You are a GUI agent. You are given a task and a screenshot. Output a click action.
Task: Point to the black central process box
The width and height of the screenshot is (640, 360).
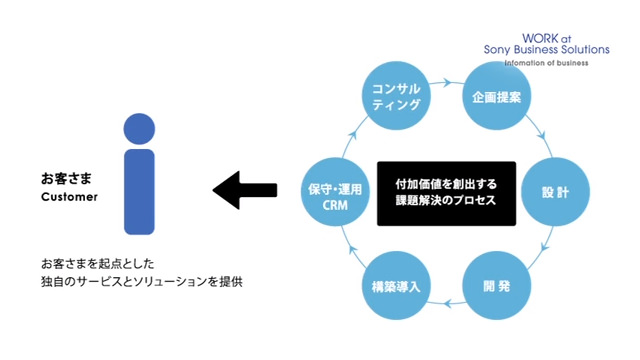point(446,192)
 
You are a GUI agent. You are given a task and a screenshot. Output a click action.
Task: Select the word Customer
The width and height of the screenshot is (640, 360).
point(69,197)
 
